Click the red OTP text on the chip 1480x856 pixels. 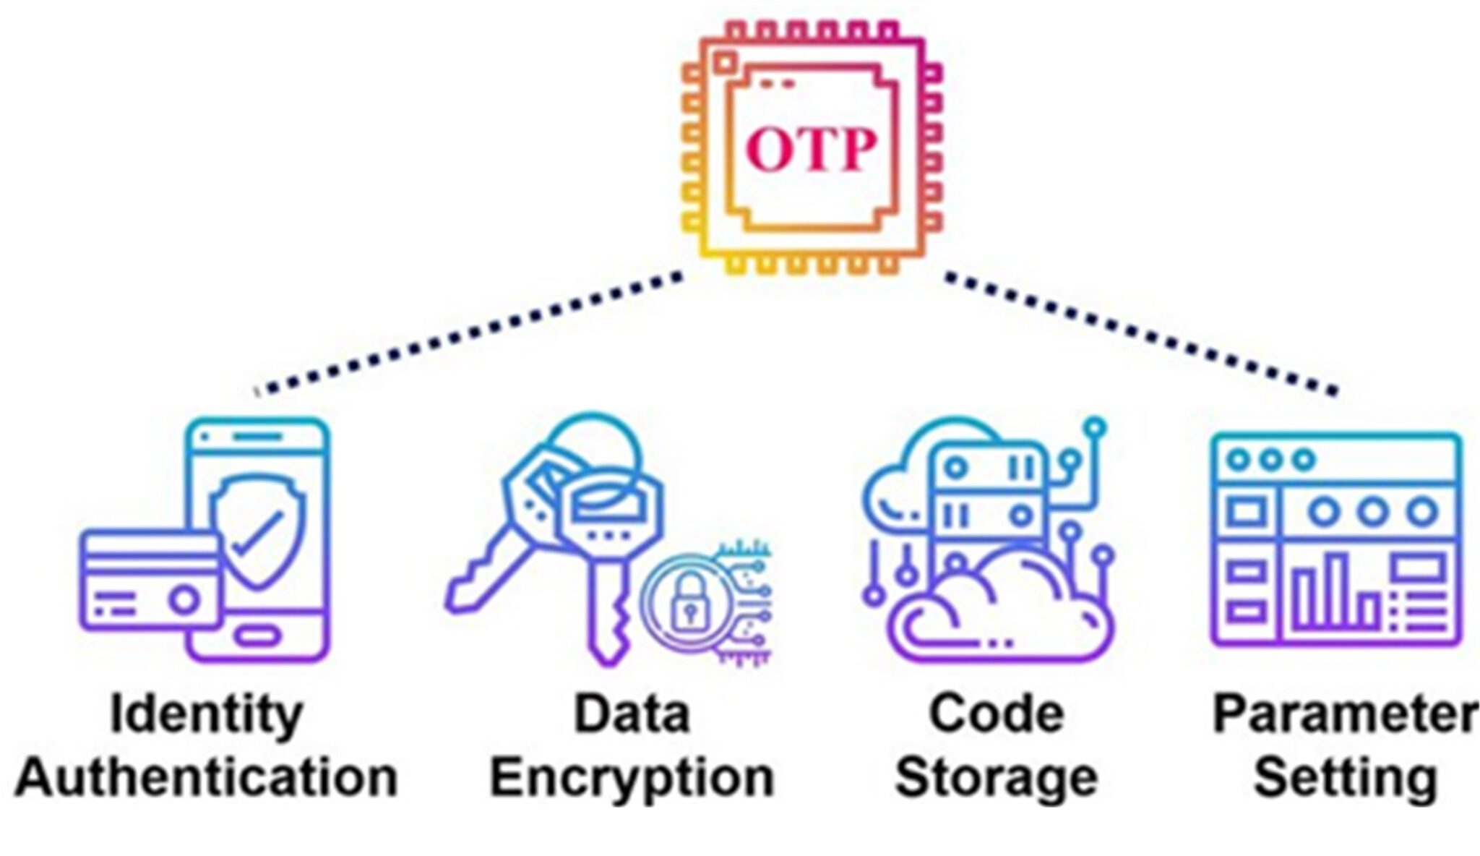(811, 150)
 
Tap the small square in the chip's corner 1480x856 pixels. (724, 62)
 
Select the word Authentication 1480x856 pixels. (207, 778)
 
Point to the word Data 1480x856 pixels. (632, 714)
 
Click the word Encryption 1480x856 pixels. (632, 779)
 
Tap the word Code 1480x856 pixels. (996, 714)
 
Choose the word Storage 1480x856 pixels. (996, 779)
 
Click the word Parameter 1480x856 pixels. (1344, 714)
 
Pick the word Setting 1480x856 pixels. (1344, 778)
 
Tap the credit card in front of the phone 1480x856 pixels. (148, 582)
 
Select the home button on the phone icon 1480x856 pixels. (259, 637)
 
